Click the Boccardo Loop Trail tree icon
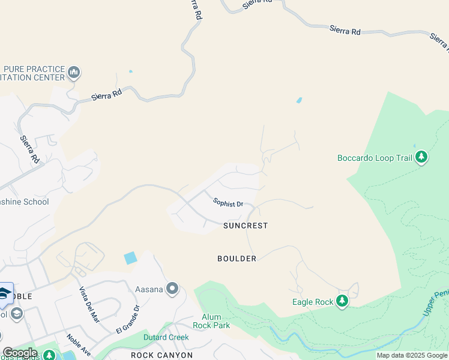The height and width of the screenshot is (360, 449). click(421, 157)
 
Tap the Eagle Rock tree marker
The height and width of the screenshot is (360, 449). click(342, 301)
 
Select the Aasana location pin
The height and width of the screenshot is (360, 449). click(173, 289)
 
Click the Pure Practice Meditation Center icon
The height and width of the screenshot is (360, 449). click(74, 73)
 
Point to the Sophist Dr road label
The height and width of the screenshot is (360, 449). click(228, 203)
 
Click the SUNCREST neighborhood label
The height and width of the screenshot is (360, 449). click(245, 226)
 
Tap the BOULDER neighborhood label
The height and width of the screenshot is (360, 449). click(237, 259)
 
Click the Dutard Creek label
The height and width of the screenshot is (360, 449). click(166, 337)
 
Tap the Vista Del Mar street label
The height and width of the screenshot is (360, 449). click(89, 305)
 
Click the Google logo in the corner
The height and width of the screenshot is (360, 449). click(20, 353)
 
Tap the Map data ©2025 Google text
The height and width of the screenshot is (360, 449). click(412, 355)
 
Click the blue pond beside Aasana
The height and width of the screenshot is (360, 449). click(130, 258)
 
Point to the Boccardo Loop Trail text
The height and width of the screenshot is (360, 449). click(375, 158)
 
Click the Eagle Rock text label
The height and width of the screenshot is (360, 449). click(312, 302)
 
